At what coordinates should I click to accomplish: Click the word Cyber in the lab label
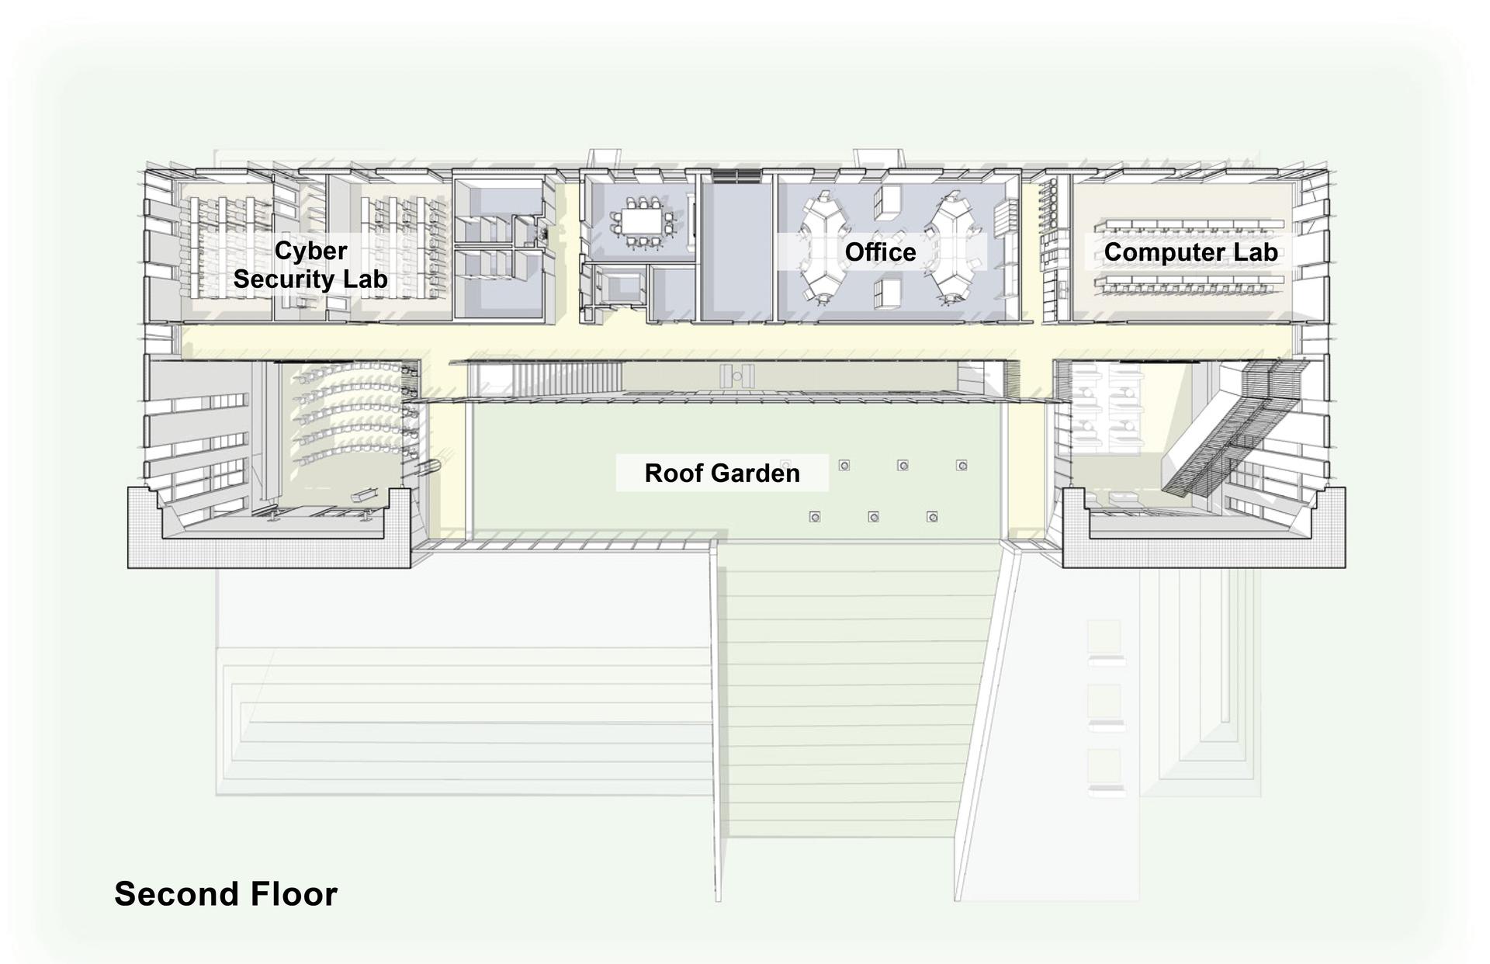[x=310, y=251]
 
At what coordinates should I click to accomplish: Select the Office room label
[x=880, y=252]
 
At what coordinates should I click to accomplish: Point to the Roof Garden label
[x=722, y=473]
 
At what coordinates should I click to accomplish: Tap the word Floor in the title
[x=294, y=893]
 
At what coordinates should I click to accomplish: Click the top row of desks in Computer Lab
[x=1190, y=224]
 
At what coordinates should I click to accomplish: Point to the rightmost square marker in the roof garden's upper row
[x=962, y=466]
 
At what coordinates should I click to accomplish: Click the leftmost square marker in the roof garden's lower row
[x=815, y=517]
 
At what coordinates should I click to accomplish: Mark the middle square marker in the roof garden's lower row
[x=873, y=517]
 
